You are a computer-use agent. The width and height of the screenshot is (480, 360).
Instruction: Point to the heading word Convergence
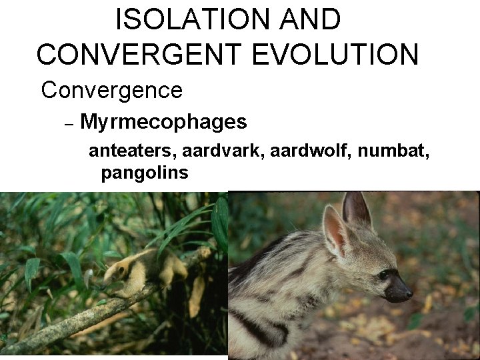pos(111,90)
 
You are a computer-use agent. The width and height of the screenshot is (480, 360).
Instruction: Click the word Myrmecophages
pos(163,122)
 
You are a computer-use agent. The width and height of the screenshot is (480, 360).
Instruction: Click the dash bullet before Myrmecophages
pos(67,123)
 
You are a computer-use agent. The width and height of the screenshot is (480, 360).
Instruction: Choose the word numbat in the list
pos(393,152)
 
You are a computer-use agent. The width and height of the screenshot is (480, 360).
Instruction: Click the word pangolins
pos(145,173)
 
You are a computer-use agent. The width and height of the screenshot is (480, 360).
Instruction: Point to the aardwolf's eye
pos(383,274)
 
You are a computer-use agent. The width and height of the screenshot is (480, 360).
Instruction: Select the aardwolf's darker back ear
pos(356,210)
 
